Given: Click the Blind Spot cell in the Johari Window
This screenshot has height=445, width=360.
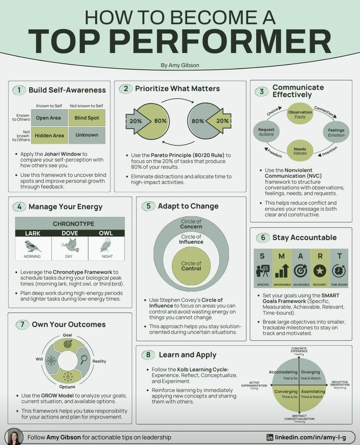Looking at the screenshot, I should [x=87, y=118].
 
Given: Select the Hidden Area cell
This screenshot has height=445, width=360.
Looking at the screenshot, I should [x=49, y=135].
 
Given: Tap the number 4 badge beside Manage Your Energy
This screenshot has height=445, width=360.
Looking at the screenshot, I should [x=19, y=206].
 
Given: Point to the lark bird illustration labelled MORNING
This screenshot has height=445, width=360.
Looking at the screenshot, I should [x=33, y=245].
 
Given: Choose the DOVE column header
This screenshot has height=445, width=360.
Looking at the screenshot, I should [x=69, y=233].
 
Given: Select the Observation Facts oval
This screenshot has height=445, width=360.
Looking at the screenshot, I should [x=300, y=114].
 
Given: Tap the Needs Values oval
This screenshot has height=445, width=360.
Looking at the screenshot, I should [x=300, y=150].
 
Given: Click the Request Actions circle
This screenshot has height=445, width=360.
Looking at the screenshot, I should [x=266, y=132].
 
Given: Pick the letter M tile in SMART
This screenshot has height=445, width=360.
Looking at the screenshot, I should [x=282, y=256].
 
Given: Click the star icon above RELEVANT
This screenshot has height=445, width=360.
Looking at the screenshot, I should [x=320, y=270].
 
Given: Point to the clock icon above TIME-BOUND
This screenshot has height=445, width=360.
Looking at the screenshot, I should [x=338, y=270].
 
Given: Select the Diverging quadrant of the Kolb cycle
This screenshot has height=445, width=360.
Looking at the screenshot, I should [x=311, y=375].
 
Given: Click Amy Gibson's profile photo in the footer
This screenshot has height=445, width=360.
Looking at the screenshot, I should [x=15, y=436].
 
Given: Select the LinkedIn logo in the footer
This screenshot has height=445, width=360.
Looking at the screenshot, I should [x=270, y=437].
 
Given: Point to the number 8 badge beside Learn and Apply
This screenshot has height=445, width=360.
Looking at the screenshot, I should [x=148, y=355].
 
